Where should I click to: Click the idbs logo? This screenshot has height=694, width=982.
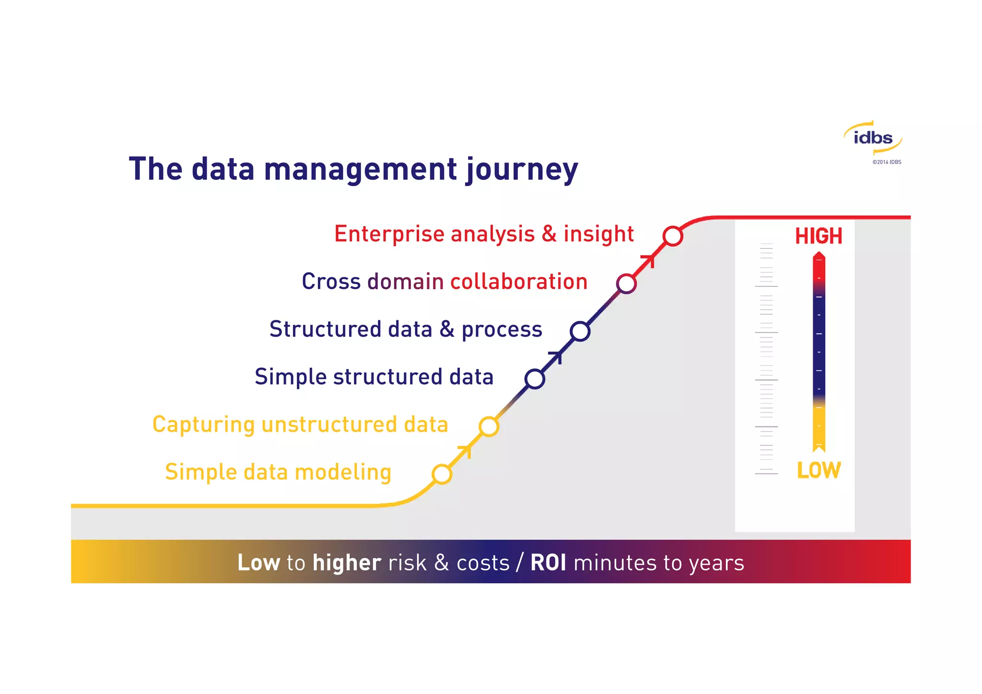[873, 138]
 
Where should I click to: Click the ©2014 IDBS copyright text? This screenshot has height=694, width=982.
[887, 162]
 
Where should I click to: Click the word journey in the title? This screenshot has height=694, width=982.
[522, 170]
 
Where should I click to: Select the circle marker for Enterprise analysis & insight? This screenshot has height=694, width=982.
[673, 236]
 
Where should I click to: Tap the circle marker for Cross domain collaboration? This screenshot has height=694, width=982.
[626, 284]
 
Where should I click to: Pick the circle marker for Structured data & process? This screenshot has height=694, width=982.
[580, 331]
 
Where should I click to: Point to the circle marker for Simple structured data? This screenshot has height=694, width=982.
[535, 379]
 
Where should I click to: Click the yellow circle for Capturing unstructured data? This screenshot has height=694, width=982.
[489, 426]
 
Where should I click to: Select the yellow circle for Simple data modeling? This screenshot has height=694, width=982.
[442, 474]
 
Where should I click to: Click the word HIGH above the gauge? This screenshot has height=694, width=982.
[818, 236]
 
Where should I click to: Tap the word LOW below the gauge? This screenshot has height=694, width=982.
[818, 470]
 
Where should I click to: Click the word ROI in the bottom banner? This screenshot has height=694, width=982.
[548, 563]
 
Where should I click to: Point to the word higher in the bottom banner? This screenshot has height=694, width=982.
[347, 563]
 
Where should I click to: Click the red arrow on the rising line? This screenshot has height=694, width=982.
[649, 260]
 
